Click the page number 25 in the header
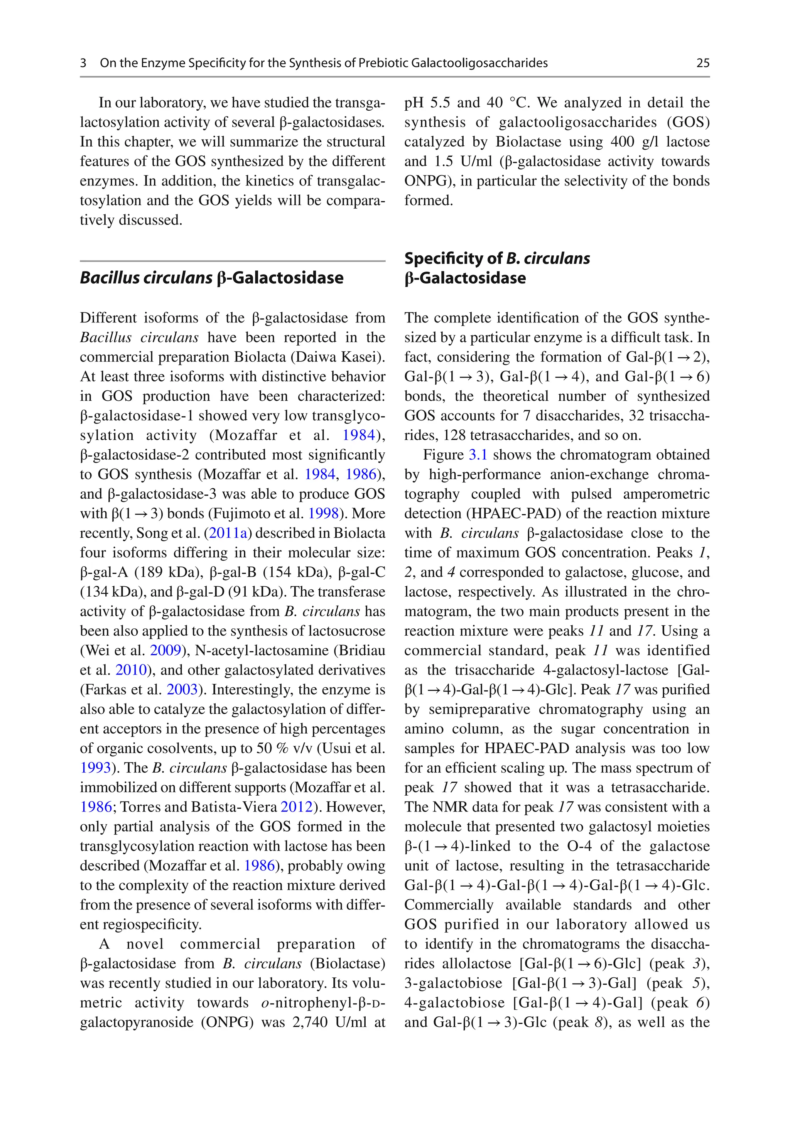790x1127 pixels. [x=702, y=63]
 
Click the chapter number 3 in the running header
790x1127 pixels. [x=83, y=63]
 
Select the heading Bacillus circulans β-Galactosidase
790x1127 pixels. [x=212, y=278]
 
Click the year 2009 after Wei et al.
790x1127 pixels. [x=166, y=650]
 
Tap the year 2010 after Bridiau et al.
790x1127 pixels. [x=131, y=670]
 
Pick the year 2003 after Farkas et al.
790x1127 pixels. [x=182, y=690]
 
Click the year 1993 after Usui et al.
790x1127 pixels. [x=95, y=768]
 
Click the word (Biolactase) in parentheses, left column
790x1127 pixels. [x=347, y=963]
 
